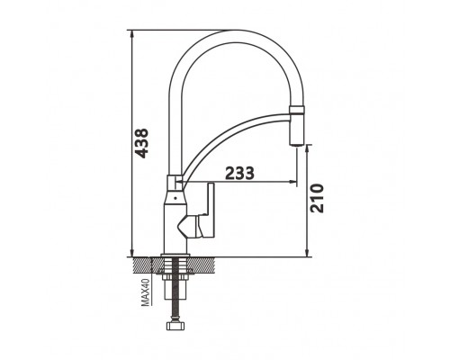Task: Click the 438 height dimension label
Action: coord(141,143)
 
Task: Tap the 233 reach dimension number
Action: coord(239,173)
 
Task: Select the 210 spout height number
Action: coord(317,198)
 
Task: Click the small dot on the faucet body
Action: coord(175,198)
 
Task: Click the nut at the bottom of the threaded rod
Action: coord(175,326)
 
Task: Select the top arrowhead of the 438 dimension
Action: coord(131,33)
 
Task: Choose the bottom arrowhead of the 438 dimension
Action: coord(131,253)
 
